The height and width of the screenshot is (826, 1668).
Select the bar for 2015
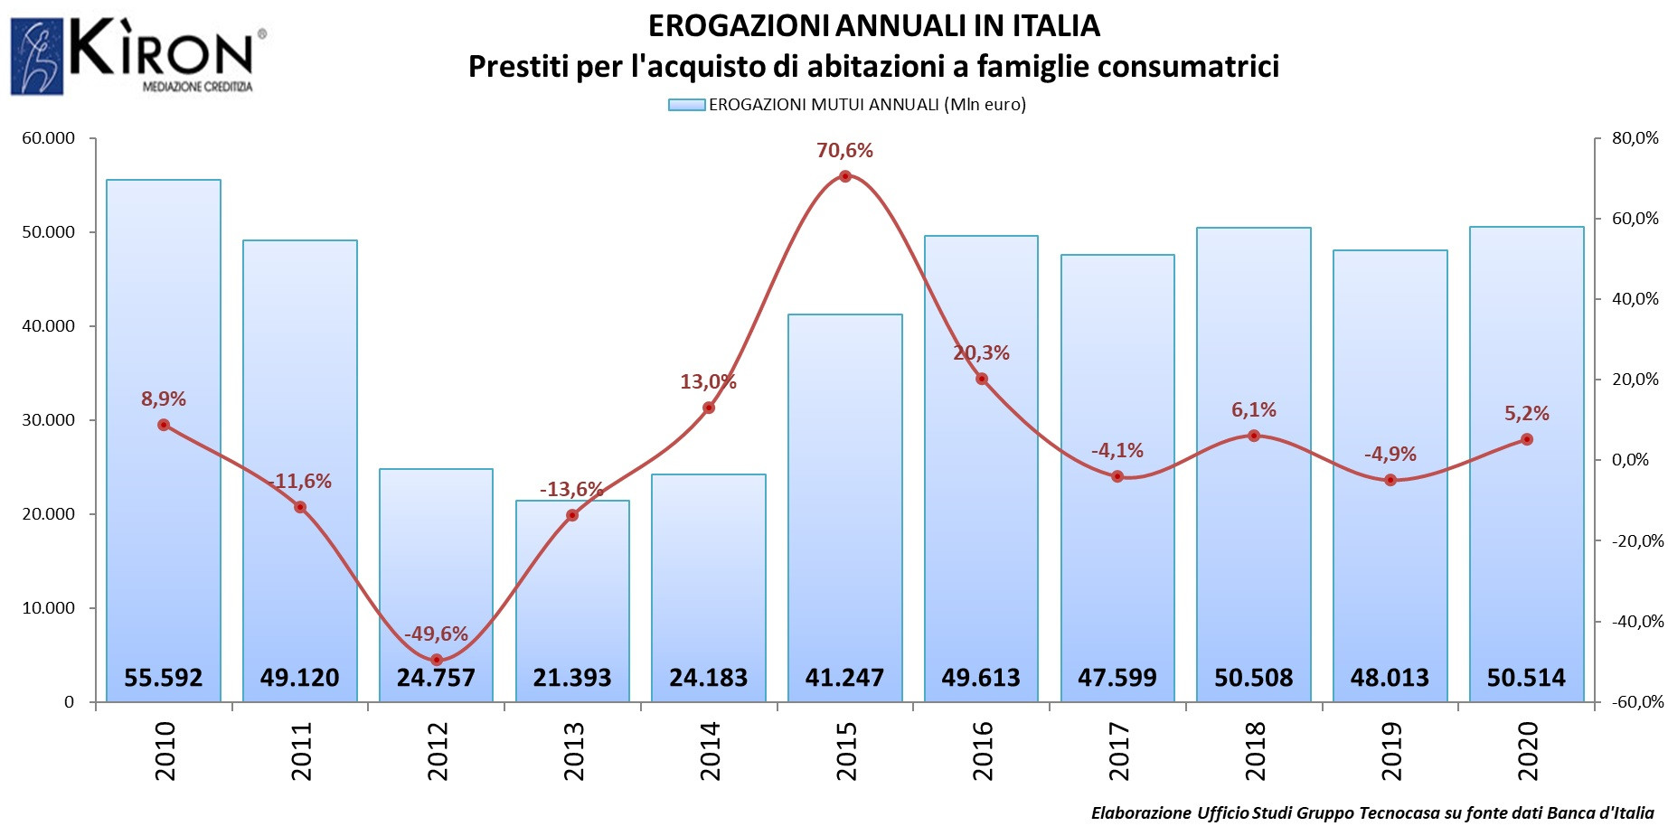click(x=844, y=506)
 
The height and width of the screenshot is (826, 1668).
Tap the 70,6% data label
click(x=844, y=151)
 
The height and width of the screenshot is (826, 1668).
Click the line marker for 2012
click(x=437, y=660)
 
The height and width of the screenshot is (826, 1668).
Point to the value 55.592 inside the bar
click(x=163, y=678)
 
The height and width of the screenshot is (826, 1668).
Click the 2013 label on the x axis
click(x=573, y=751)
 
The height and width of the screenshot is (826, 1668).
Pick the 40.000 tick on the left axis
click(x=48, y=326)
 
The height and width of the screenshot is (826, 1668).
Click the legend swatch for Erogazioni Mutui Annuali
click(x=686, y=105)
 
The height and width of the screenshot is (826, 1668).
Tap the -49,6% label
click(x=436, y=634)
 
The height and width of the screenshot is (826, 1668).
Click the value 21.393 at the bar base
click(x=572, y=678)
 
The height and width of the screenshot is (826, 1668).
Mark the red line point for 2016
click(x=982, y=379)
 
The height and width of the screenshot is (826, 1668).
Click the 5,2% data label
click(x=1526, y=414)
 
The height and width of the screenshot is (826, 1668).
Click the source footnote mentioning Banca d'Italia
click(x=1372, y=812)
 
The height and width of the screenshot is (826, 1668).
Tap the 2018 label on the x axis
click(x=1255, y=751)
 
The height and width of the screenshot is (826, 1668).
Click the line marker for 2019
click(x=1390, y=480)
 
